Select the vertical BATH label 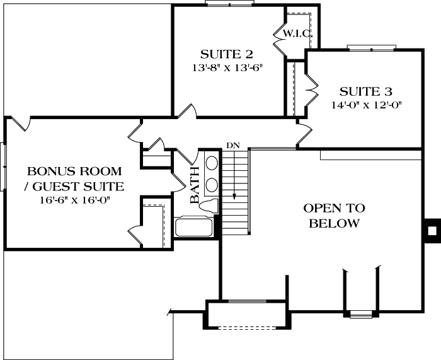pyautogui.click(x=195, y=185)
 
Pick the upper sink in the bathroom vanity pyautogui.click(x=212, y=164)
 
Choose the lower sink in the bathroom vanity pyautogui.click(x=212, y=185)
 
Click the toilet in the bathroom pyautogui.click(x=211, y=205)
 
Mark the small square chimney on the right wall pyautogui.click(x=432, y=229)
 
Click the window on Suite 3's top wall pyautogui.click(x=371, y=47)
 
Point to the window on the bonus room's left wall pyautogui.click(x=4, y=166)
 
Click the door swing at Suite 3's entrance pyautogui.click(x=304, y=134)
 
